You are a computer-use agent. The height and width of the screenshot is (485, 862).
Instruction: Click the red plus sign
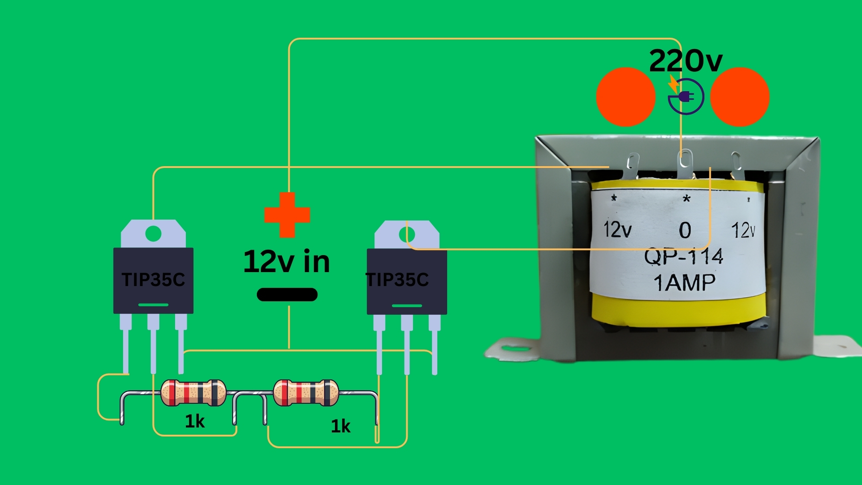(287, 215)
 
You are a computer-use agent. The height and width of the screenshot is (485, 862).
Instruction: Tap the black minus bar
(287, 295)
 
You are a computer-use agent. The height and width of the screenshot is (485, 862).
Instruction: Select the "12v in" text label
(286, 261)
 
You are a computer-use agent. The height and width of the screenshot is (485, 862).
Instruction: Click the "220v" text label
(686, 61)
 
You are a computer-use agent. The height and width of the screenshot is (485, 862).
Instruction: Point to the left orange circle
(625, 97)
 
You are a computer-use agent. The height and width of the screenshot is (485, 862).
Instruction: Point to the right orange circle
(740, 97)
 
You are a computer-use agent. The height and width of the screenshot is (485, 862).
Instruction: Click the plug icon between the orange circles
(686, 97)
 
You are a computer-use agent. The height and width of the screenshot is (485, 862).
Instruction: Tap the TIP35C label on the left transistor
(153, 279)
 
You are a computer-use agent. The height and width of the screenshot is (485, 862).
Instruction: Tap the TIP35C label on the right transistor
(397, 279)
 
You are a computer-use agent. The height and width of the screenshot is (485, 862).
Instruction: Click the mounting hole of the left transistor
(154, 234)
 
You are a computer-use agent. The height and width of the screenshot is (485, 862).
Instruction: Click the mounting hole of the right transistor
(407, 234)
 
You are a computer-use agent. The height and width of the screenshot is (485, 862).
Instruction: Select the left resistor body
(194, 392)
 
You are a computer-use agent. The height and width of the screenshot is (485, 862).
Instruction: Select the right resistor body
(306, 392)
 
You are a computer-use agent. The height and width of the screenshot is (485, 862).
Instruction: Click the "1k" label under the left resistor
(195, 421)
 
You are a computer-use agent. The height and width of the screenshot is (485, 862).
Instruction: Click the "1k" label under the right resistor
(341, 426)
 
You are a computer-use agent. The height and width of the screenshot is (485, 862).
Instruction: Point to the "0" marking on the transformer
(685, 230)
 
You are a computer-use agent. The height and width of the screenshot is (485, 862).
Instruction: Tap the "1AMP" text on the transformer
(685, 282)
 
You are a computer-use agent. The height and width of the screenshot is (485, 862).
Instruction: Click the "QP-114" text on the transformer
(683, 257)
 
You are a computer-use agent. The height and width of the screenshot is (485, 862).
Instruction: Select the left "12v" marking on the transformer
(618, 229)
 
